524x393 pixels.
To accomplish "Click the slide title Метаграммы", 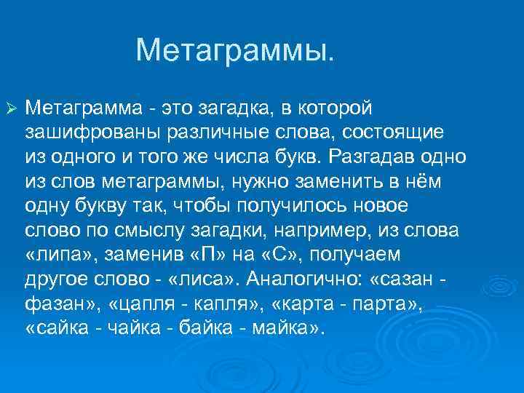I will tap(237, 51).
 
